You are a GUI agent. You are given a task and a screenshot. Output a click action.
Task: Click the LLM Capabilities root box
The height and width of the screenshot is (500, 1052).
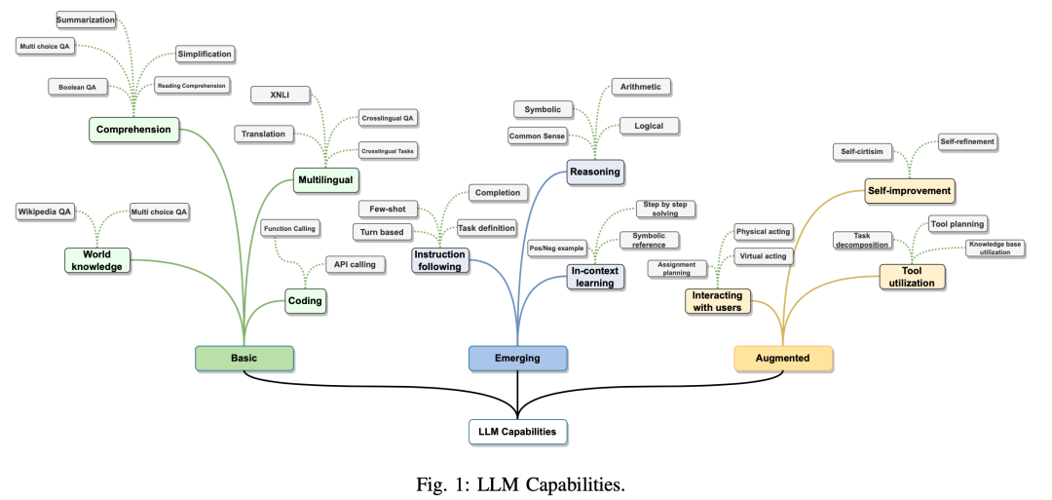click(517, 430)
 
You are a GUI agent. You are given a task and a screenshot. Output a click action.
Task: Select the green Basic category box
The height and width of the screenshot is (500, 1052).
click(244, 358)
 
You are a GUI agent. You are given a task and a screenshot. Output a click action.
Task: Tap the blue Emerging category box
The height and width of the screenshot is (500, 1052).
click(517, 358)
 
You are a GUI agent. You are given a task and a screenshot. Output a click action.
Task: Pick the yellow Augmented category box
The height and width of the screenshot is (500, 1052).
click(783, 358)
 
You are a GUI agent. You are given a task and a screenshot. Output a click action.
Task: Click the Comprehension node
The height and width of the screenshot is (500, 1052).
click(133, 129)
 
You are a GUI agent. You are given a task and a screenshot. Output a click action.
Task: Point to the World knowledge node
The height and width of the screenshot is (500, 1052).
click(97, 260)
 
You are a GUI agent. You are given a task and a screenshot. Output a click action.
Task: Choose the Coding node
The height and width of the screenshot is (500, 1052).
click(305, 302)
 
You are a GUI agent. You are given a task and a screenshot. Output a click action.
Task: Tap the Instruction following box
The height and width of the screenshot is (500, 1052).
click(440, 260)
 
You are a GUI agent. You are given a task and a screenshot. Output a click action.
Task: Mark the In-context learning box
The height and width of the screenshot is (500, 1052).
click(594, 277)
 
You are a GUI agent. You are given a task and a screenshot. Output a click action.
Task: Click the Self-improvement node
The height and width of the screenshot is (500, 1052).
click(909, 190)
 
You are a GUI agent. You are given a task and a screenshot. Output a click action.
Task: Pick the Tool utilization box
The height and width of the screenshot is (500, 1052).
click(912, 276)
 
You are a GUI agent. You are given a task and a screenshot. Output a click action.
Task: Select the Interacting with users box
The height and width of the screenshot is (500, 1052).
click(718, 301)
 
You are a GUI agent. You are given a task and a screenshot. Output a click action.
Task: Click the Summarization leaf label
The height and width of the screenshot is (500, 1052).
click(86, 19)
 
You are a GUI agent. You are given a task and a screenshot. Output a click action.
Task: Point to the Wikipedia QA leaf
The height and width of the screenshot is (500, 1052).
click(44, 212)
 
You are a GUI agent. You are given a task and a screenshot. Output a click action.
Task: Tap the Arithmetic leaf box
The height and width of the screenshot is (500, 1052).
click(640, 87)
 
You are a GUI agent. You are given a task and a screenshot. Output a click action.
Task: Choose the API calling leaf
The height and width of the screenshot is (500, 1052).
click(349, 264)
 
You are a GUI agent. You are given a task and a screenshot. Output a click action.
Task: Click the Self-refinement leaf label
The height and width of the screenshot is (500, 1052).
click(967, 141)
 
